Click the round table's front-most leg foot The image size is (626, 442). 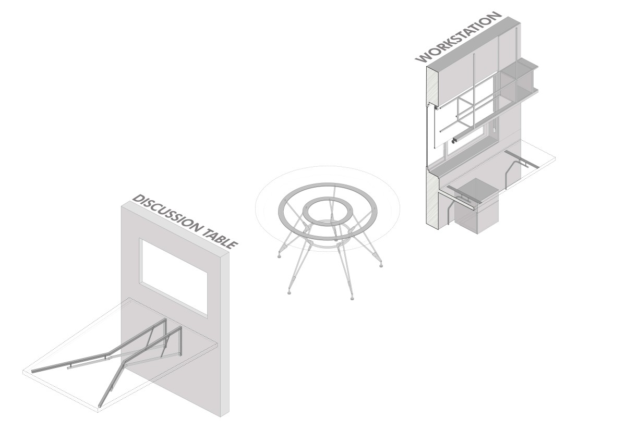coord(352,298)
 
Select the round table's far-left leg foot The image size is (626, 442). coord(280,256)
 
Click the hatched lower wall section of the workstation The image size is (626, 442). coord(432,197)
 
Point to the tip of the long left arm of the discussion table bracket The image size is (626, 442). coord(33,372)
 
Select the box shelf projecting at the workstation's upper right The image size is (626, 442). coord(519,80)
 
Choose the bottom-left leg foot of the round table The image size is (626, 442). coord(289,292)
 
